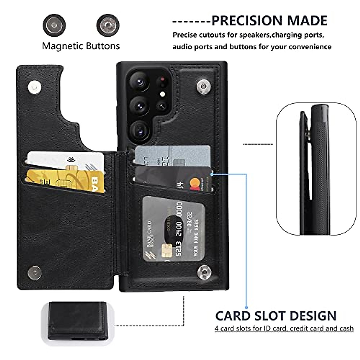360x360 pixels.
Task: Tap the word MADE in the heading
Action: tap(307, 21)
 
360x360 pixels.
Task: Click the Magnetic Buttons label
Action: tap(81, 46)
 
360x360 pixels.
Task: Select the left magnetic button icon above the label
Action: tap(54, 25)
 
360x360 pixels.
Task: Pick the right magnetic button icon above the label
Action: tap(108, 25)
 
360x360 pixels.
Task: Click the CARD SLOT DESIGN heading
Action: tap(276, 316)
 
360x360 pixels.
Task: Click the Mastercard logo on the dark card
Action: tap(195, 183)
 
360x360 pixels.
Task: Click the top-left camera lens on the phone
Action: tap(139, 81)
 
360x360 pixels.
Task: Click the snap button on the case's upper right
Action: tap(204, 87)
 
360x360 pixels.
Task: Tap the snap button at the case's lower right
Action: tap(204, 272)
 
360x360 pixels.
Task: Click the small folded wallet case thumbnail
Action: tap(78, 321)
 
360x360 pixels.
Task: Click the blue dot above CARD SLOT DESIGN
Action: tap(246, 307)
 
